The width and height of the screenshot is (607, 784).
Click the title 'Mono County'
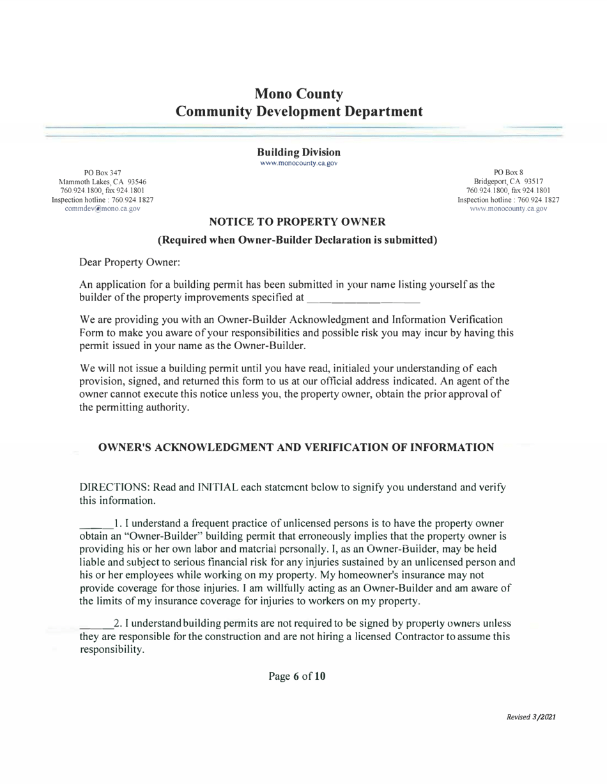tap(299, 93)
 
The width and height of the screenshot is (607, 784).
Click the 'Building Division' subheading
tap(298, 152)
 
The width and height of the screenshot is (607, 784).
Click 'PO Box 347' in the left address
tap(103, 173)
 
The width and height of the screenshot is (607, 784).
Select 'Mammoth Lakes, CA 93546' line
tap(103, 182)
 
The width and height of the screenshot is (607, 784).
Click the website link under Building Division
tap(298, 163)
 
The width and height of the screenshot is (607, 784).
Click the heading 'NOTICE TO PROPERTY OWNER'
tap(297, 223)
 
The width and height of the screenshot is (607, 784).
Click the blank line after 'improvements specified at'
tap(363, 299)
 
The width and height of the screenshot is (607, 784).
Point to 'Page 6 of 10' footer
tap(298, 676)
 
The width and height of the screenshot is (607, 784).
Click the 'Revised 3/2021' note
tap(530, 717)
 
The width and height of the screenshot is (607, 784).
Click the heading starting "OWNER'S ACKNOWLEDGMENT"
tap(296, 448)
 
